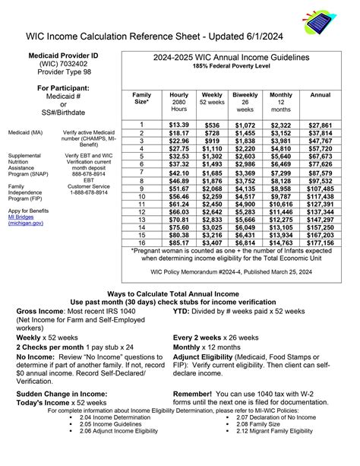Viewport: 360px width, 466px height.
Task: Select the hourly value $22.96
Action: [179, 141]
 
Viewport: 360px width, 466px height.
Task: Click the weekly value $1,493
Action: [213, 164]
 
